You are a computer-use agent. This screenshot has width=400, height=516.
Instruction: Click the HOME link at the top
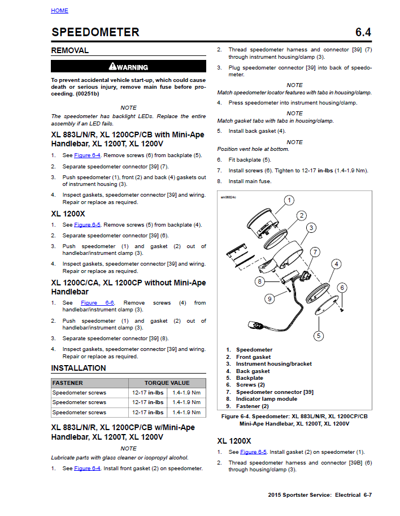click(x=59, y=11)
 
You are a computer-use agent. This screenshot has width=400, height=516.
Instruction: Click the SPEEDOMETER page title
click(x=95, y=32)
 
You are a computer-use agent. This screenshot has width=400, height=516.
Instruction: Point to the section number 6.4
click(x=363, y=32)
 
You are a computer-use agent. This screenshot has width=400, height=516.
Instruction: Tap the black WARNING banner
click(x=129, y=67)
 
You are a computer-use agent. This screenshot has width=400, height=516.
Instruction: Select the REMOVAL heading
click(x=70, y=50)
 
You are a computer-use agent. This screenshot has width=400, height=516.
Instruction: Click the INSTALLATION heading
click(x=79, y=368)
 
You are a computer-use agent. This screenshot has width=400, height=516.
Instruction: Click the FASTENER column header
click(x=68, y=383)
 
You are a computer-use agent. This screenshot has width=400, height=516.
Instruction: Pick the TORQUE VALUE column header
click(x=167, y=383)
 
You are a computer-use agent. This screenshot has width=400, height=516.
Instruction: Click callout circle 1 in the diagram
click(x=289, y=200)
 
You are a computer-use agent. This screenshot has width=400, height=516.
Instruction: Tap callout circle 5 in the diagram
click(x=319, y=336)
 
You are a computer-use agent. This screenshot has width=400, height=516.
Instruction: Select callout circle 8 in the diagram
click(x=259, y=281)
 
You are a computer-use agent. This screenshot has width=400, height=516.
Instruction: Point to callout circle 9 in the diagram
click(x=269, y=298)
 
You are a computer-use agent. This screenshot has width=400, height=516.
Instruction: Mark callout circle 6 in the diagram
click(x=342, y=288)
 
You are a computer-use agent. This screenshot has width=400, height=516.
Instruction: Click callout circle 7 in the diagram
click(x=315, y=252)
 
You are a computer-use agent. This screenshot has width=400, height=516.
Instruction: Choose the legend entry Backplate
click(x=249, y=378)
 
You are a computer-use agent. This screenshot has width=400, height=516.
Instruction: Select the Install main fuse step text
click(x=250, y=181)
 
